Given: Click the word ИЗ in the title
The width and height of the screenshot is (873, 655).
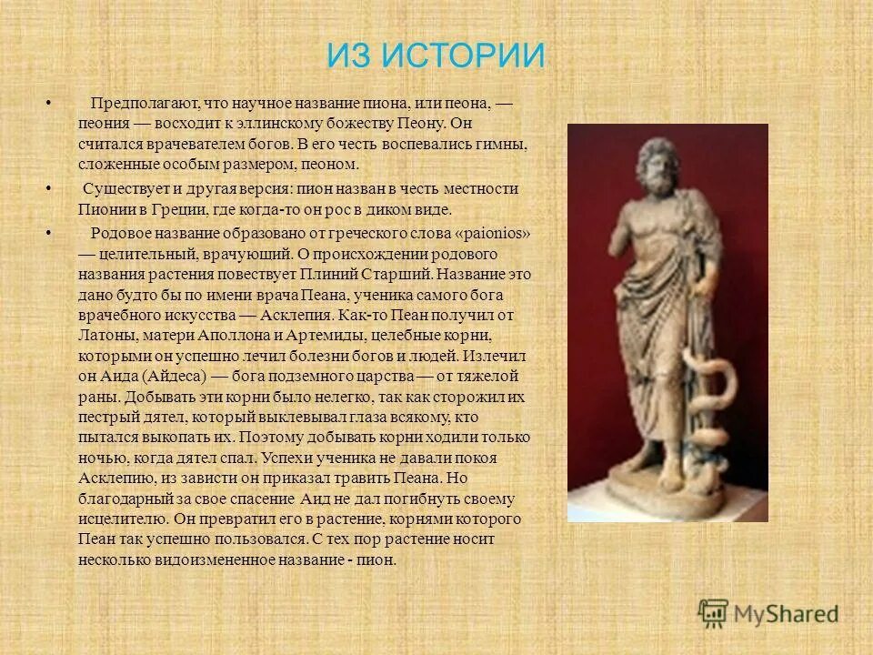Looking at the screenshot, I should coord(348,56).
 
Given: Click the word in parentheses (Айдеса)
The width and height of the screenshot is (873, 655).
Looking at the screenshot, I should coord(168,376).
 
